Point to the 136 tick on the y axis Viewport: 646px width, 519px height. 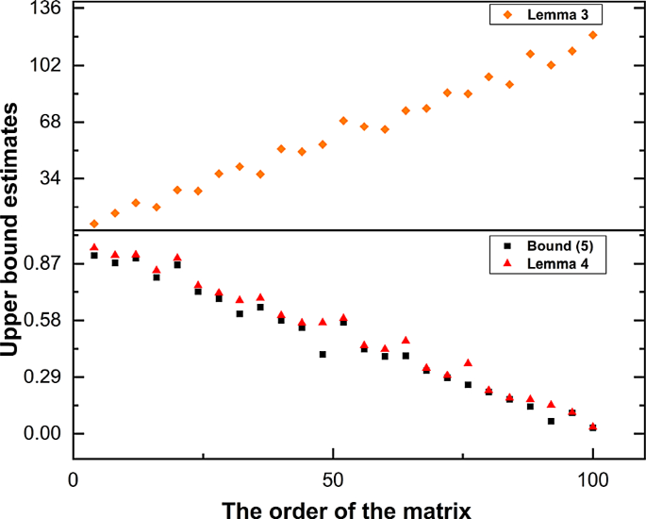[47, 9]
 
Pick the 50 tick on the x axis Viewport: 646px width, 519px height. [333, 478]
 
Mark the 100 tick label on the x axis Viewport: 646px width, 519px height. [592, 478]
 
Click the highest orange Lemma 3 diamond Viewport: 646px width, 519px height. [592, 35]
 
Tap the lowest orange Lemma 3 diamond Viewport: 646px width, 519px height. [94, 224]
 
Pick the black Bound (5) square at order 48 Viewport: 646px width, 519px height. [323, 355]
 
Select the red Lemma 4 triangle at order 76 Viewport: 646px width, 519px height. [468, 362]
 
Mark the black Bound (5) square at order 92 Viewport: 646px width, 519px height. [551, 421]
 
